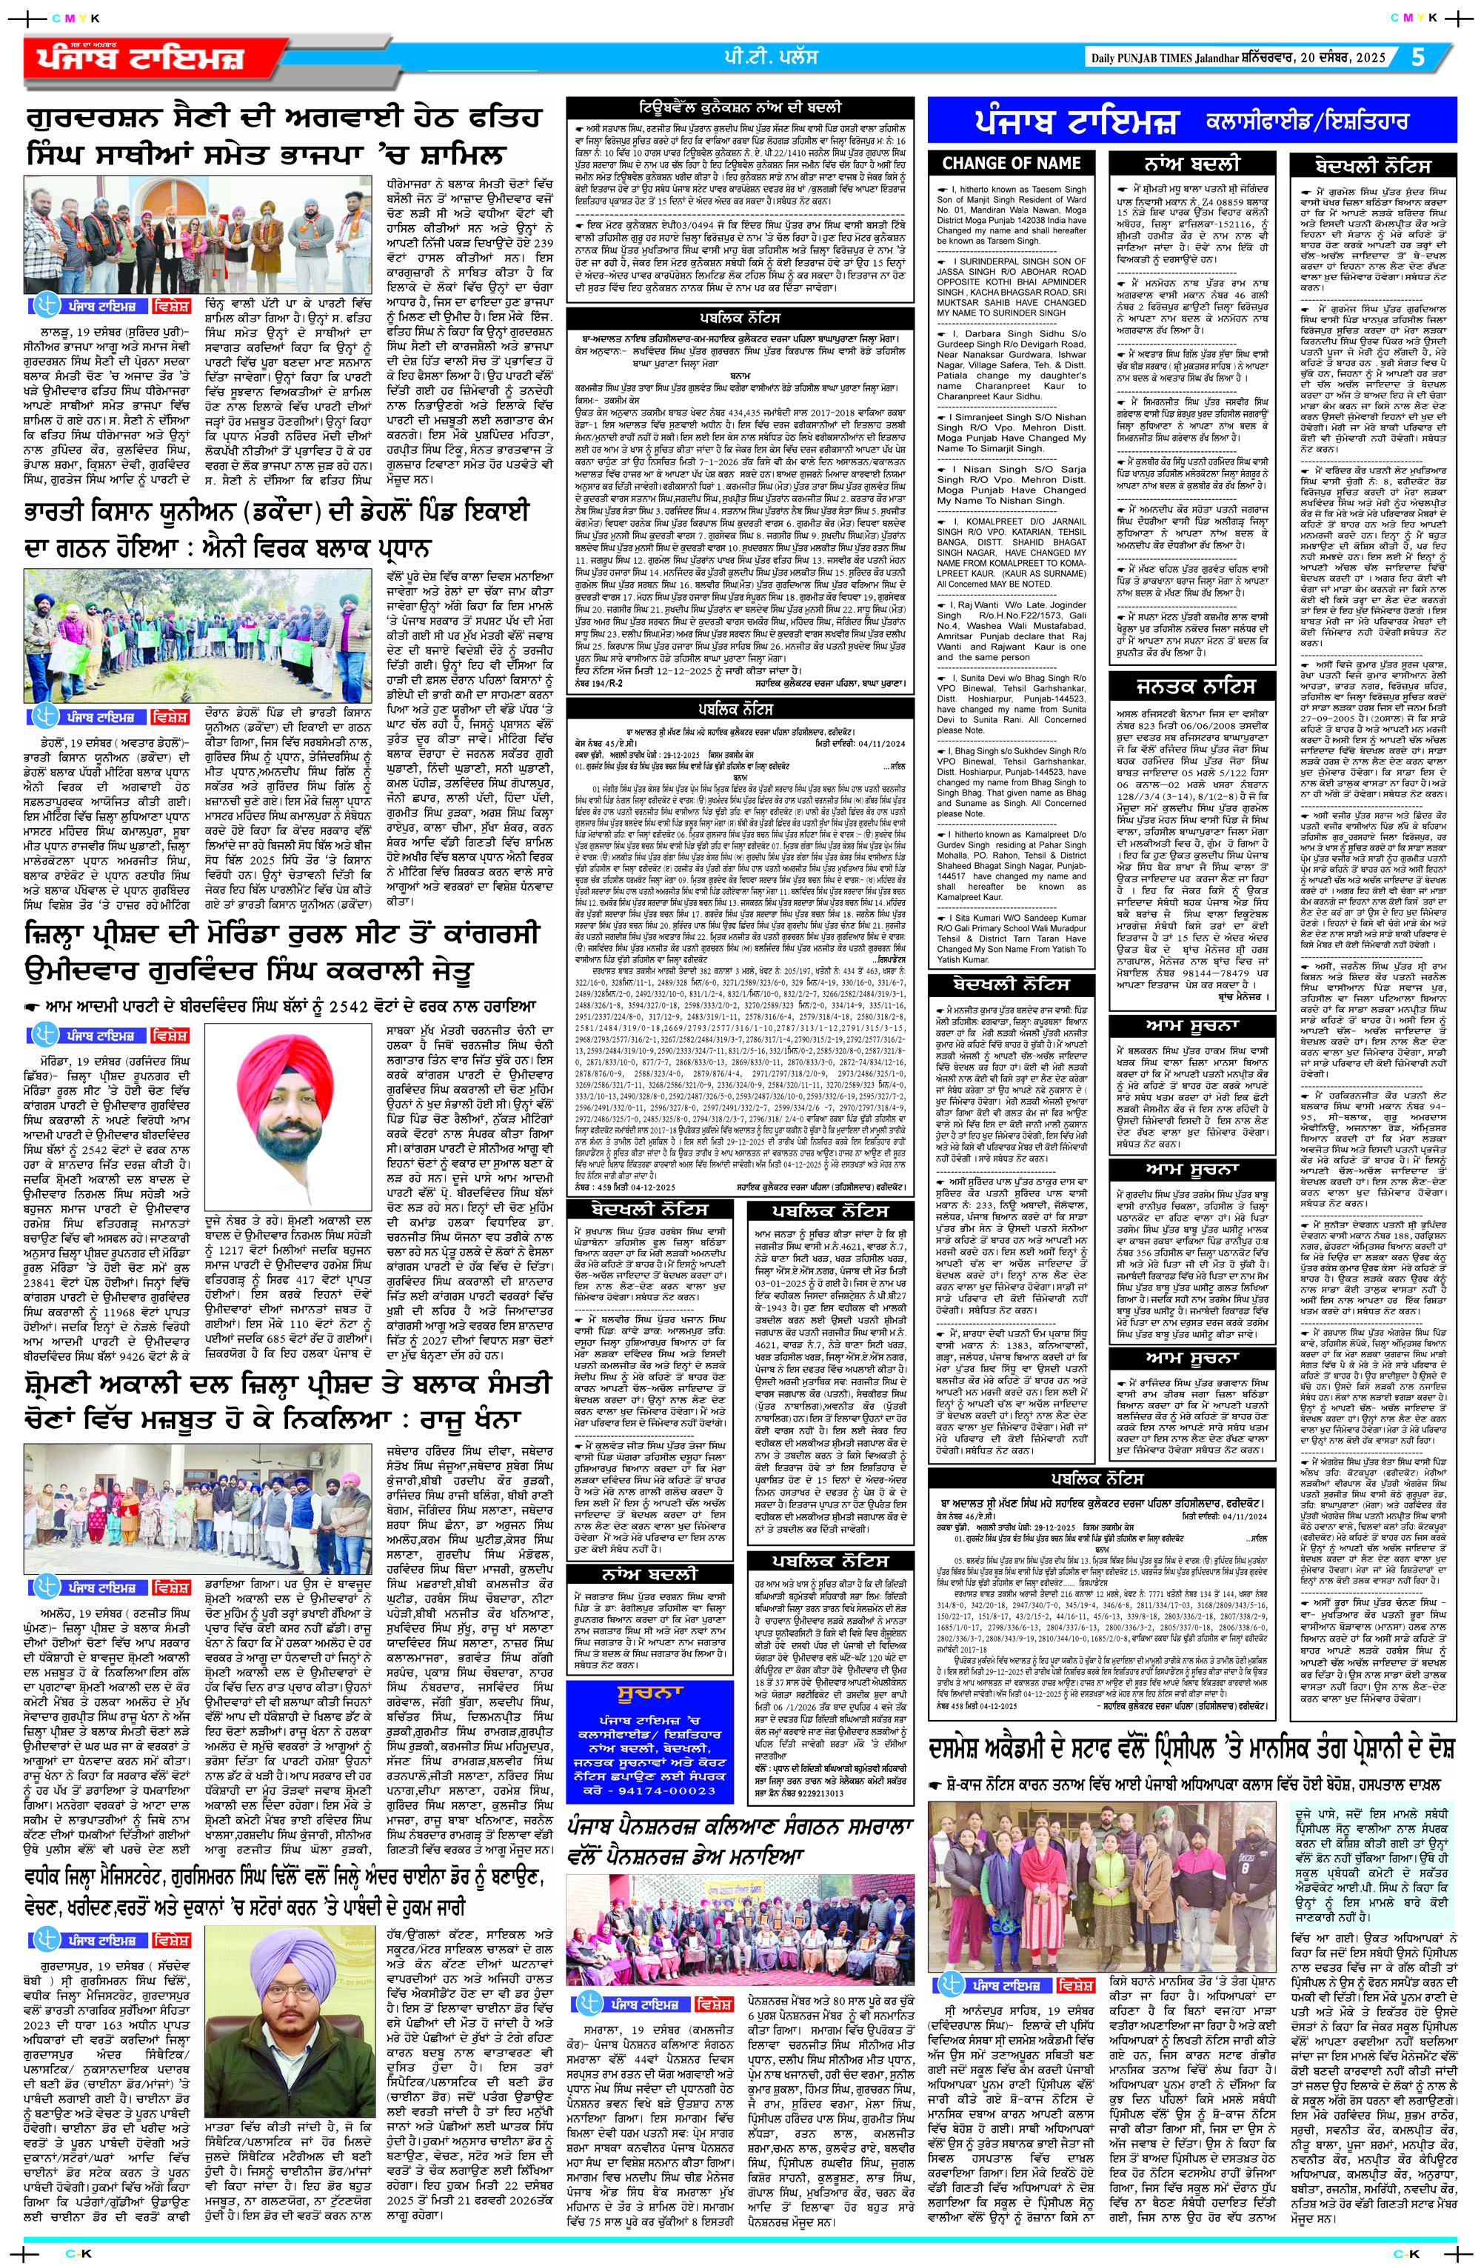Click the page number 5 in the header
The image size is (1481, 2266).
pyautogui.click(x=1417, y=57)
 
